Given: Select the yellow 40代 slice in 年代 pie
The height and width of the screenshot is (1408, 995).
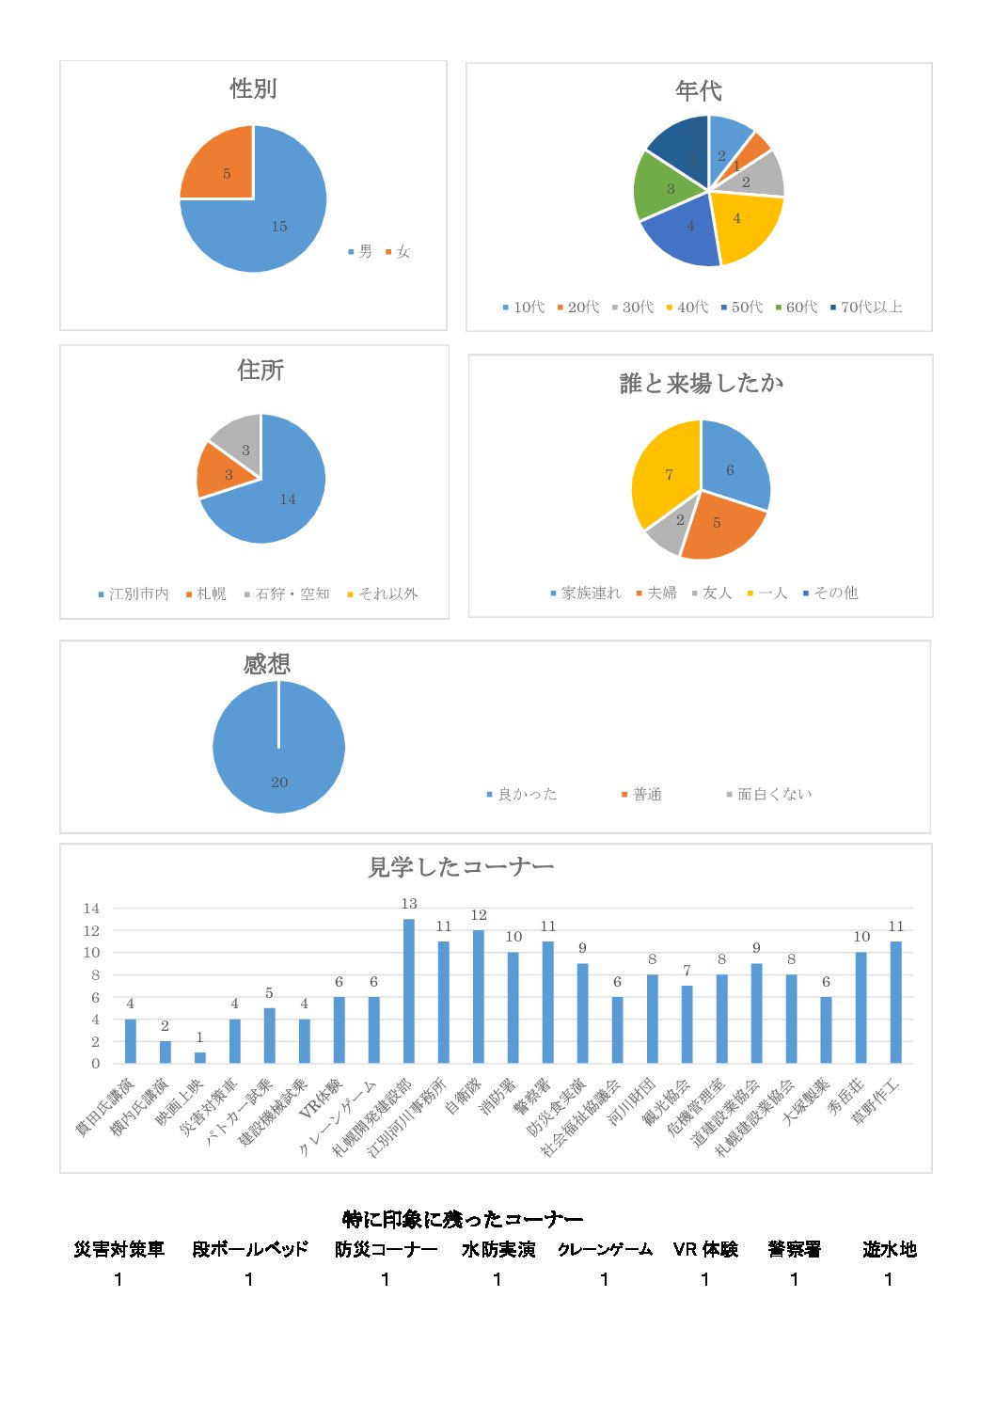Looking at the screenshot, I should point(743,224).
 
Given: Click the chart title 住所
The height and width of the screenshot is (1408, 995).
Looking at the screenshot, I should point(261,371).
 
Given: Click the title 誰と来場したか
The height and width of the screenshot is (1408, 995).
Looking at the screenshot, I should point(702,384).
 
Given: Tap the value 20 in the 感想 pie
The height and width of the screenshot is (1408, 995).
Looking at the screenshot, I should point(279,783).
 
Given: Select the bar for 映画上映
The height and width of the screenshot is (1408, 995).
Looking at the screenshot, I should point(200,1057).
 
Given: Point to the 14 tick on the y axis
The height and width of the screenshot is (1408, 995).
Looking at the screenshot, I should point(91,909).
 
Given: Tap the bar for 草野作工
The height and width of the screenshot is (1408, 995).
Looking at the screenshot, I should point(896,1002).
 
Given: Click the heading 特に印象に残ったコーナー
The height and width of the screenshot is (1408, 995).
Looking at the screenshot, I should point(463,1220).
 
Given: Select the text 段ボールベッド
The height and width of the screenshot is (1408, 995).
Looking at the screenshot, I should point(250,1250).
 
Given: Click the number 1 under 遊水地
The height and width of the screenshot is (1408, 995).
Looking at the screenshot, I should point(888,1279).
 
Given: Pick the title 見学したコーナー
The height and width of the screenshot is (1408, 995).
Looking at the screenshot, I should point(461,867).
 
